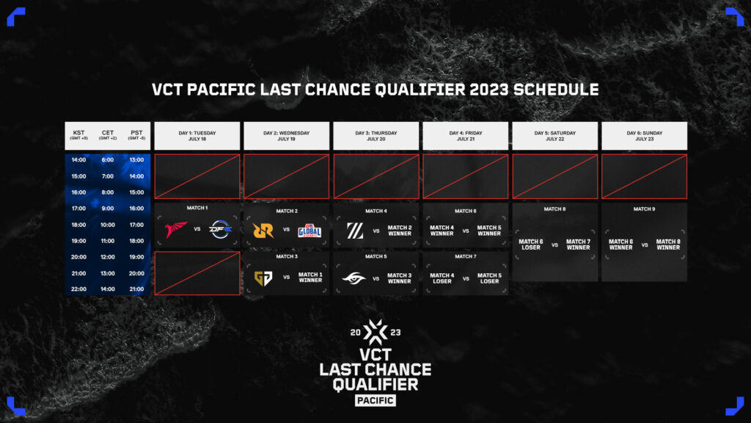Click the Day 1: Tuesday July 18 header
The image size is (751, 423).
coord(197,136)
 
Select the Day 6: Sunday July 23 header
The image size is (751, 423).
coord(644,136)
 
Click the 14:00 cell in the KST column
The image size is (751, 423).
coord(79,160)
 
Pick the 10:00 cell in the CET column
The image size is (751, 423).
coord(108,225)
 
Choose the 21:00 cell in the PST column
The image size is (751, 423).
coord(136,289)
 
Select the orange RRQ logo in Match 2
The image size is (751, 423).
coord(264,231)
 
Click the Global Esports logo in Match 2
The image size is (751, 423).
coord(309,231)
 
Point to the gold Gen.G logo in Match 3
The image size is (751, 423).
coord(264,278)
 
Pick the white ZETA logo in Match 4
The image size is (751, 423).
coord(355,231)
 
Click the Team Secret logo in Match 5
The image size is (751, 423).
coord(355,278)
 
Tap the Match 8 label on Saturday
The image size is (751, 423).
coord(554,209)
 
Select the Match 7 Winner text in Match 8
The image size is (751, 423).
coord(578,245)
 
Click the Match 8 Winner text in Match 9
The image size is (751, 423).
coord(667,245)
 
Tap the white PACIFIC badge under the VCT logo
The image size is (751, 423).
coord(375,400)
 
